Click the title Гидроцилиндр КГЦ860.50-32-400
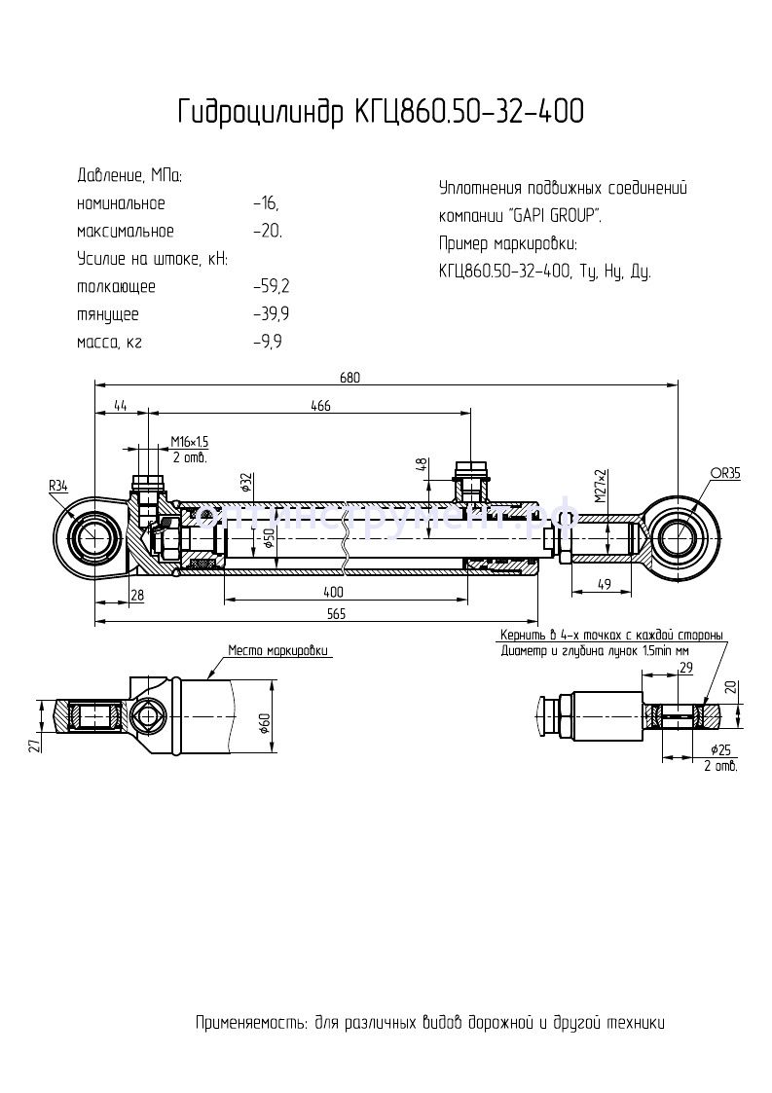(x=381, y=113)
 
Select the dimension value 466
(x=320, y=406)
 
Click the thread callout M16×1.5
(x=189, y=442)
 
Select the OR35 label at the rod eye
(x=724, y=473)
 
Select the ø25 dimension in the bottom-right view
(x=720, y=749)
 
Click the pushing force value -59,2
(x=271, y=287)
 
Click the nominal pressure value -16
(x=265, y=203)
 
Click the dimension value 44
(x=121, y=406)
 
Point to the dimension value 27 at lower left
(x=33, y=745)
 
